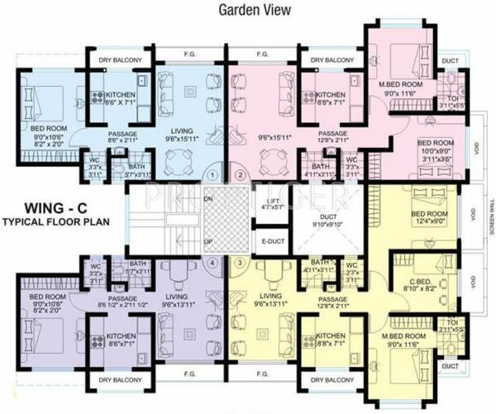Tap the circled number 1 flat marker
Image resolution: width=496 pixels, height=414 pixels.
pyautogui.click(x=213, y=174)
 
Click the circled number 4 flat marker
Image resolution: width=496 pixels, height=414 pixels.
pyautogui.click(x=213, y=262)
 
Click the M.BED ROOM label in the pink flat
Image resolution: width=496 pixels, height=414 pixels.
pyautogui.click(x=401, y=85)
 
